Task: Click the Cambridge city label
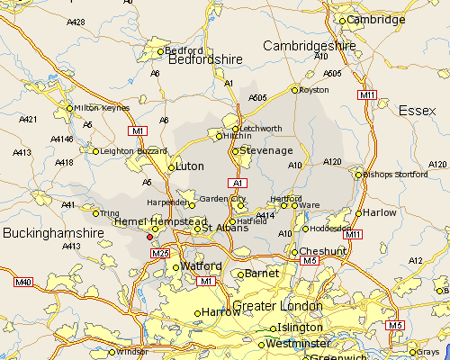coord(377,20)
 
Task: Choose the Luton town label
coord(190,166)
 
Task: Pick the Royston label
coord(315,89)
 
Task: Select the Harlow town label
coord(382,213)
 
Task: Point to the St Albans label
coord(219,229)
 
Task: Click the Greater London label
coord(271,306)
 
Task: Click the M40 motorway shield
coord(23,283)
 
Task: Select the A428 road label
coord(76,22)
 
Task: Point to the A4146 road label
coord(62,139)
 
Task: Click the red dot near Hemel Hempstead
coord(149,238)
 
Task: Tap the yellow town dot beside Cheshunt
coord(293,252)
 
